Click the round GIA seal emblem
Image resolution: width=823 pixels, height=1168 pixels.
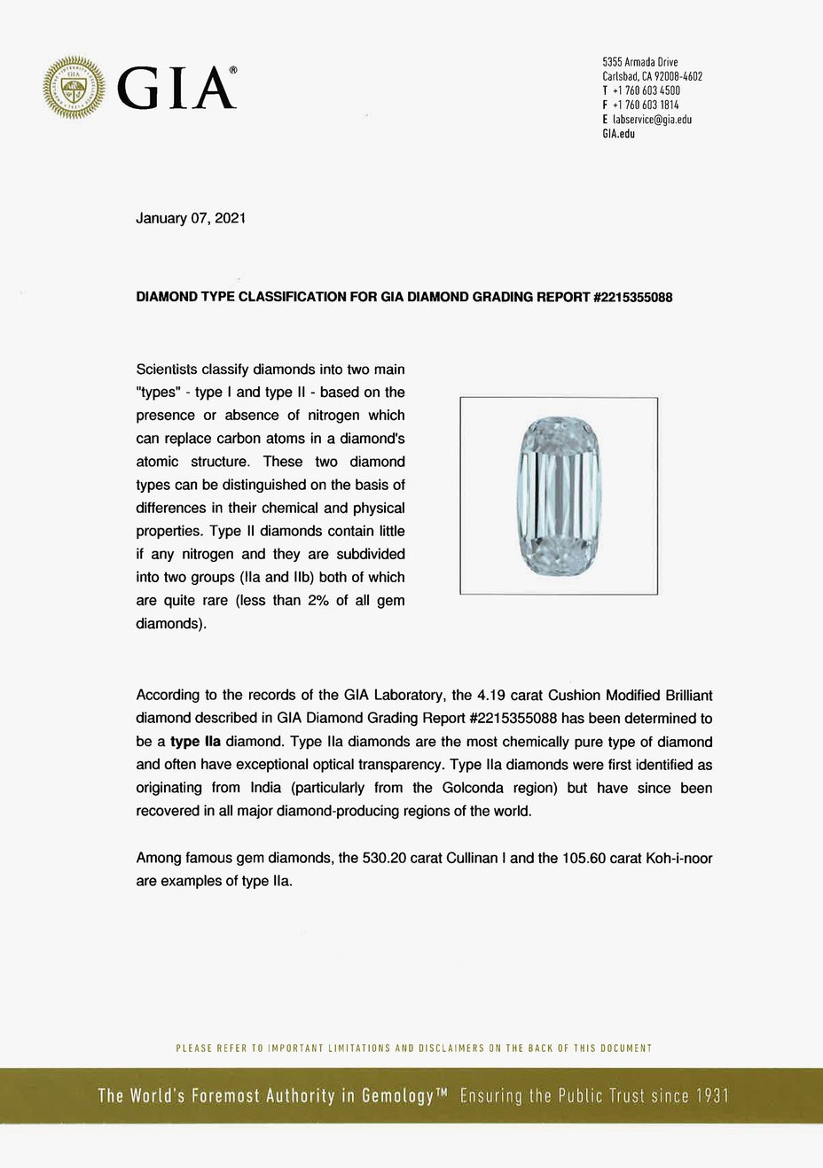coord(74,87)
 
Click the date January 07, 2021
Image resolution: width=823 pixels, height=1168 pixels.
coord(191,218)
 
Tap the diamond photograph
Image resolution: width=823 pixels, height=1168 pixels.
coord(559,495)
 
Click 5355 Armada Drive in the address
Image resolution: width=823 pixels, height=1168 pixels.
coord(640,62)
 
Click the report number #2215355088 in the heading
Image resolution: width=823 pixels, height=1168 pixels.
coord(631,298)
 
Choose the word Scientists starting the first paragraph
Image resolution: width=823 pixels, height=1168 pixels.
coord(167,369)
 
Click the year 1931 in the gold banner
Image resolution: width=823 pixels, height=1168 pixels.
coord(712,1096)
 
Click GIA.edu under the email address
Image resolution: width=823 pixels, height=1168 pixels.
coord(618,134)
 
